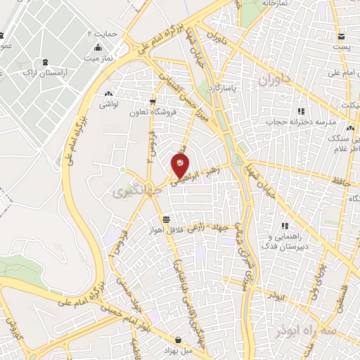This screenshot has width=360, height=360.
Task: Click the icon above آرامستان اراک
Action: [46, 62]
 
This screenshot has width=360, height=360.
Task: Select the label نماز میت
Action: [98, 57]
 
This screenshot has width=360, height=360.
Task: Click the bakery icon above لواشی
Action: [108, 94]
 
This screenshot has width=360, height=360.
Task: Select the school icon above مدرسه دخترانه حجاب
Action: [301, 111]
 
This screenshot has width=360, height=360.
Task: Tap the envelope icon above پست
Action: [341, 36]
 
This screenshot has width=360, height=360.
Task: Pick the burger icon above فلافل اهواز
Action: [165, 219]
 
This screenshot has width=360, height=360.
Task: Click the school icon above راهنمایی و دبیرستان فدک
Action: [285, 226]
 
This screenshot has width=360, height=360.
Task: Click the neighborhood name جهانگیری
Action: [127, 191]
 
